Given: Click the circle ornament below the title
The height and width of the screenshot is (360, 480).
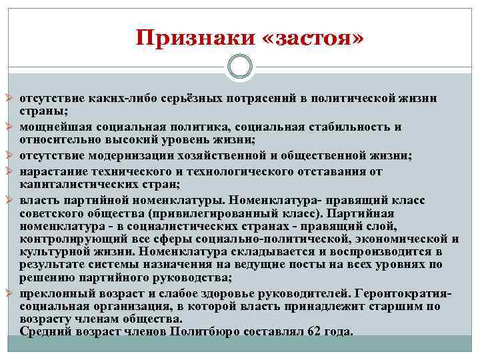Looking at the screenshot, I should pos(239,67).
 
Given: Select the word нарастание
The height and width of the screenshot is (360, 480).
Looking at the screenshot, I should pos(51,170).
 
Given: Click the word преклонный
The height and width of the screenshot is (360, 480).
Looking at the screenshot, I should pos(52,293).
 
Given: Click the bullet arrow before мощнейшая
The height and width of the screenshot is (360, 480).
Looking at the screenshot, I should pos(10,127).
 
